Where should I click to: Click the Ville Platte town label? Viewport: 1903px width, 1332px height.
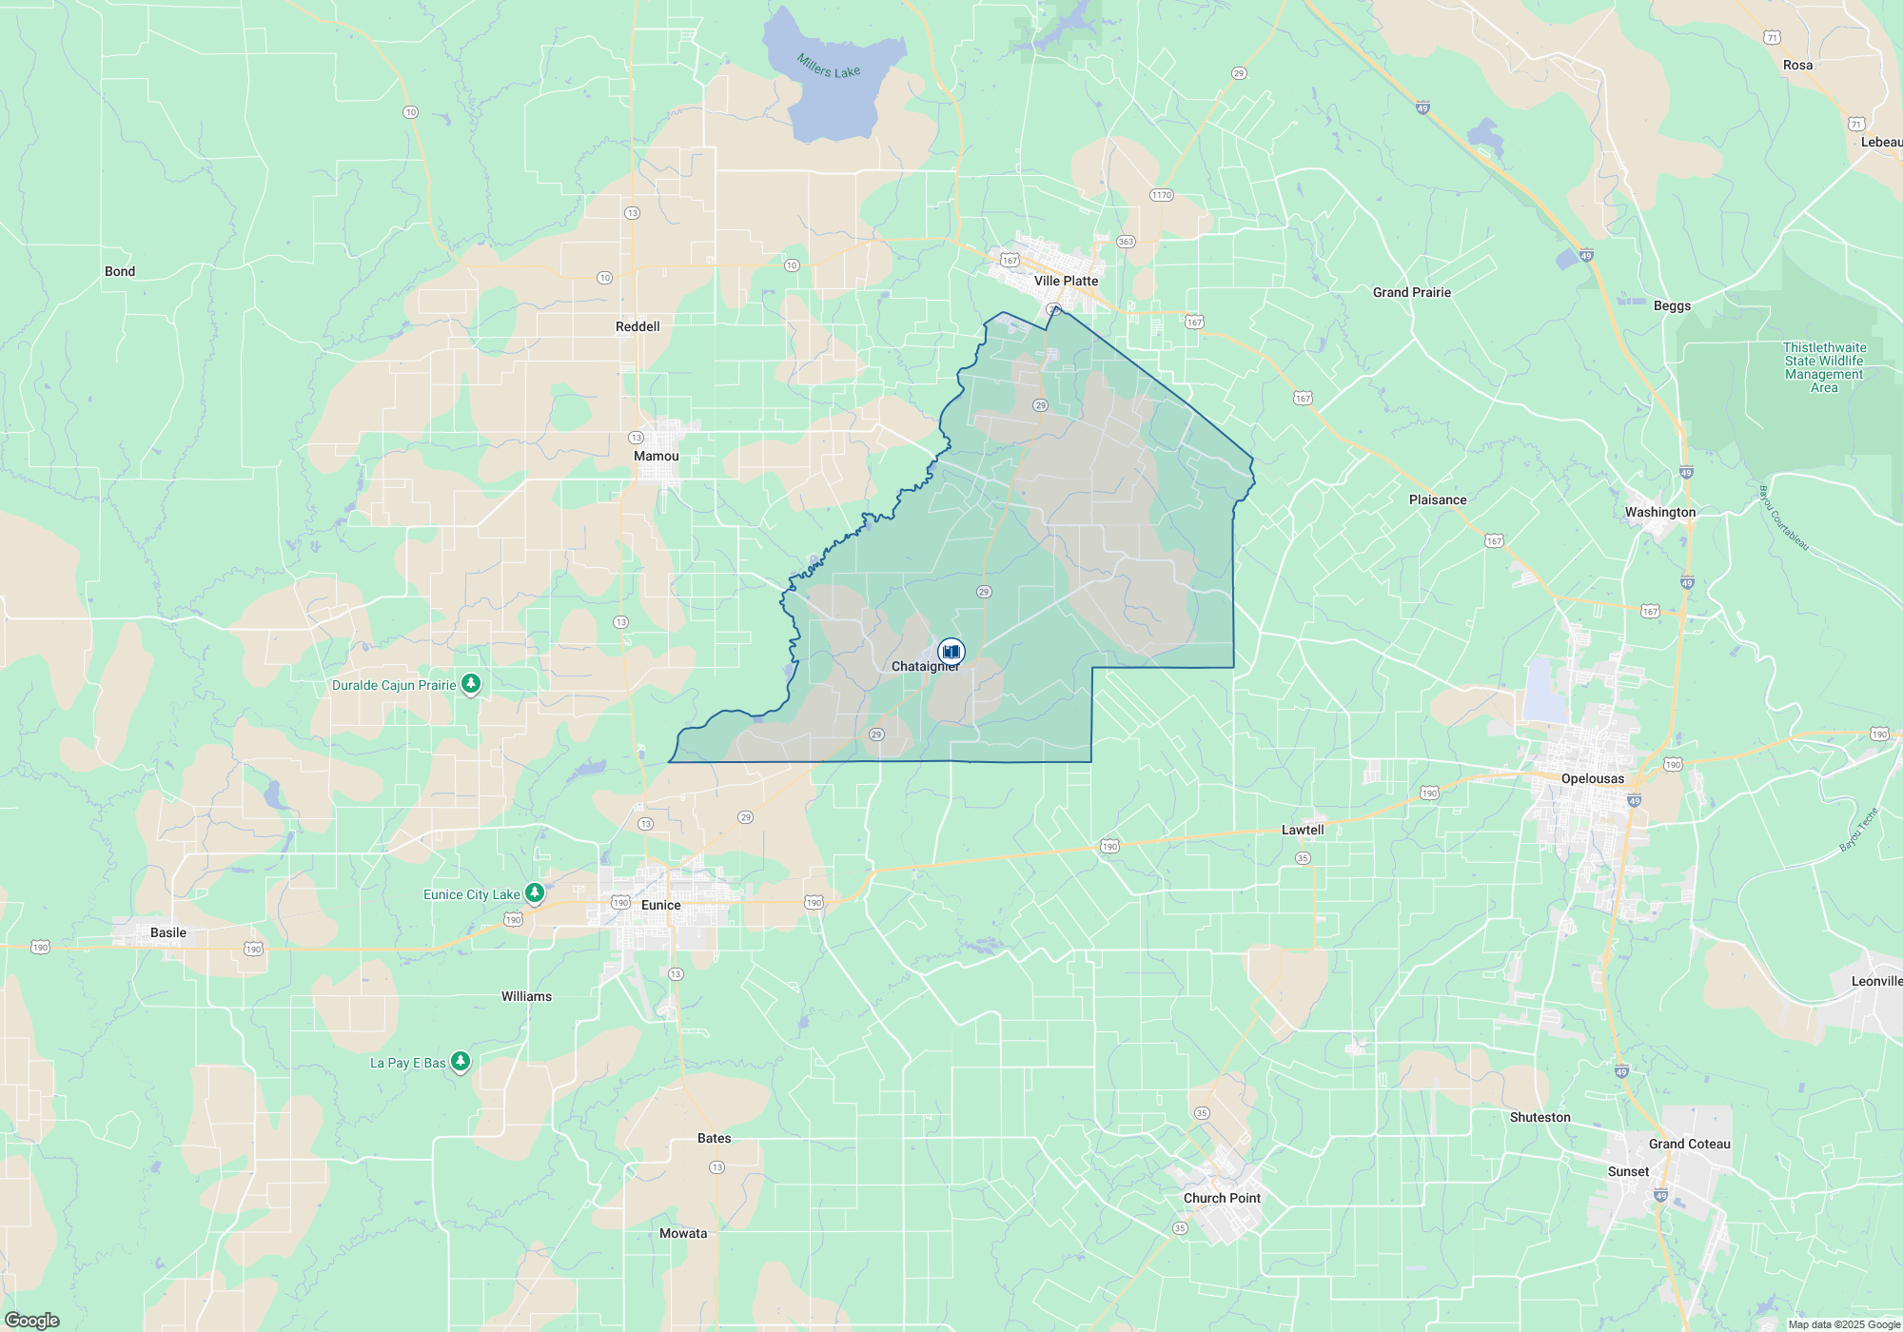pos(1066,281)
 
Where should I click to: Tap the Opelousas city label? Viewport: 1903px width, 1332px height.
pos(1593,778)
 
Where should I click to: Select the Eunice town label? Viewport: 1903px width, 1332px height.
pos(660,905)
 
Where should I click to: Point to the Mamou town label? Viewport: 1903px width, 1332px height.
pos(657,456)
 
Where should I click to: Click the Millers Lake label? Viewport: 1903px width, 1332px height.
pos(829,67)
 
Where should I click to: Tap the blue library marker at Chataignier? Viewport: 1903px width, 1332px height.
pos(951,652)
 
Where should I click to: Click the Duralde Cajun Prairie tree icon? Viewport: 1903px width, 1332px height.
pos(470,684)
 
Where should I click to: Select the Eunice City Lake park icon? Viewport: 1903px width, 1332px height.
pos(535,893)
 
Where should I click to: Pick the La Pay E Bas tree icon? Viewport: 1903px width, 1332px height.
pos(461,1061)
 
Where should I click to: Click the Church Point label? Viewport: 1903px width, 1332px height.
pos(1222,1198)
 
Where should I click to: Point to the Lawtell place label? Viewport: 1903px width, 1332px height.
pos(1303,830)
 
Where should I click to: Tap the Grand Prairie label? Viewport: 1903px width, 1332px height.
pos(1412,292)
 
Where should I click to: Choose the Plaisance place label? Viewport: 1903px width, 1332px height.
pos(1438,499)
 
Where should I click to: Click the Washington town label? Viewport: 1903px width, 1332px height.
pos(1660,512)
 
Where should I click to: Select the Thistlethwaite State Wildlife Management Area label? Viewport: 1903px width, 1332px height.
pos(1824,367)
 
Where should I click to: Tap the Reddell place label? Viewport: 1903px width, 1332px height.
pos(638,326)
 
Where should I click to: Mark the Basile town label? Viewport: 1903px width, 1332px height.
pos(168,932)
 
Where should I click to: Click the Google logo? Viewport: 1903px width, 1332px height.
pos(32,1321)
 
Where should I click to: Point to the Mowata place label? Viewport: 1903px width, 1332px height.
pos(683,1233)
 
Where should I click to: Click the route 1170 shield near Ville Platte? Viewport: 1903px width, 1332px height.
pos(1161,195)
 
